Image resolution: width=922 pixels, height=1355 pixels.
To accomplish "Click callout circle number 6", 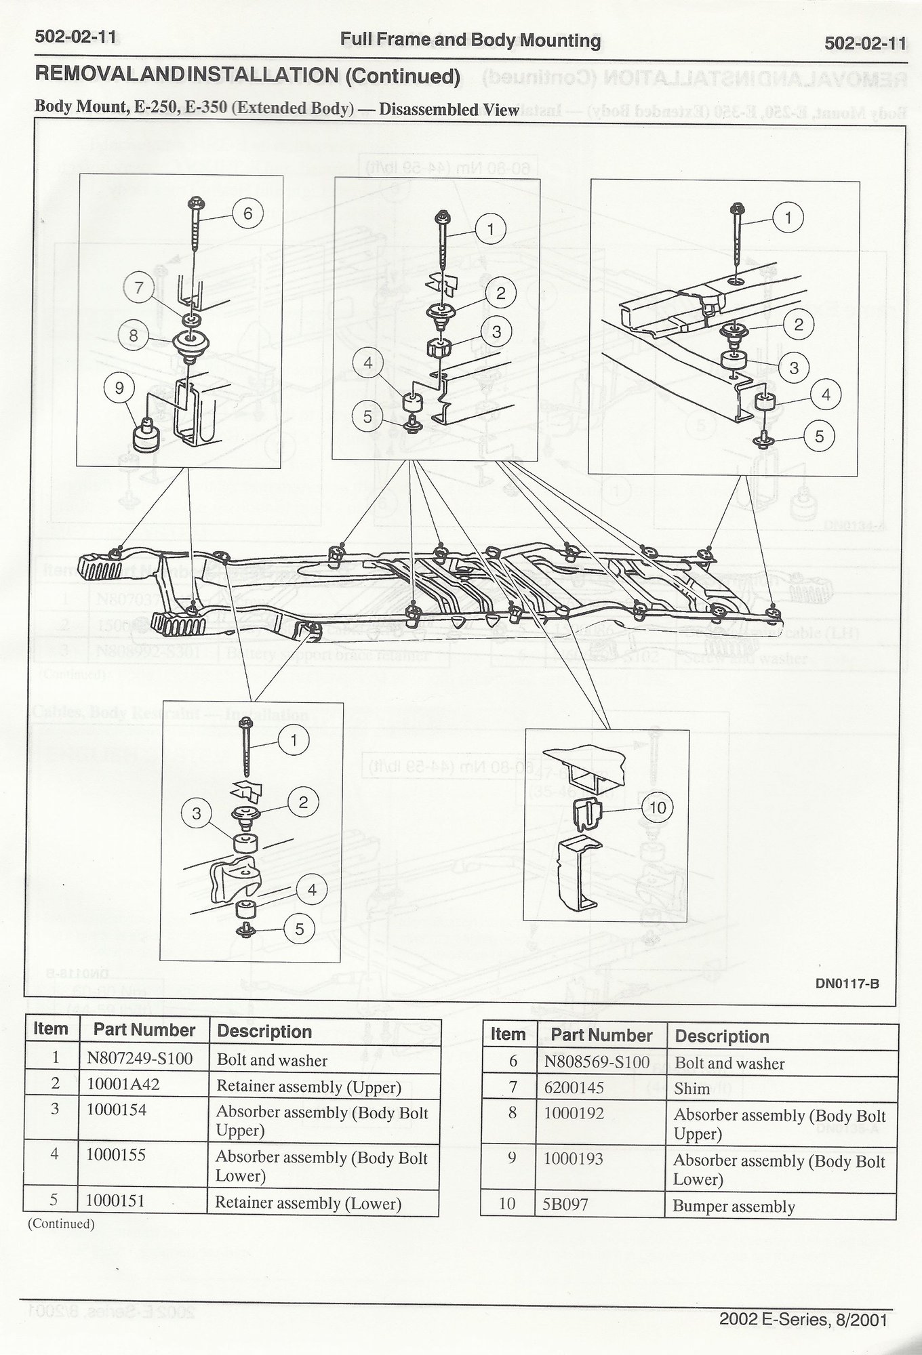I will point(247,214).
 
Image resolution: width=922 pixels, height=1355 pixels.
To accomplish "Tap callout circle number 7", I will point(140,289).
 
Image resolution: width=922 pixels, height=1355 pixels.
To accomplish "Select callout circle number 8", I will point(134,336).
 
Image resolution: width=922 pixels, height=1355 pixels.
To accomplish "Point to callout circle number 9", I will point(120,388).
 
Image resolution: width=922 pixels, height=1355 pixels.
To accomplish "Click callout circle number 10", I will point(658,807).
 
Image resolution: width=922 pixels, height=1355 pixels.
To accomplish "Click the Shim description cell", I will point(691,1089).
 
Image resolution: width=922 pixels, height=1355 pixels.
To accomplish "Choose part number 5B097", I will point(567,1204).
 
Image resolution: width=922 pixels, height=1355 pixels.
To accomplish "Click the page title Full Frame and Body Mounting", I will point(470,41).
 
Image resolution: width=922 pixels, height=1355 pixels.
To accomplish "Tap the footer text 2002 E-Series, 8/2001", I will point(803,1319).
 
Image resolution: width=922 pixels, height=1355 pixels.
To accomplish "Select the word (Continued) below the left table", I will point(60,1223).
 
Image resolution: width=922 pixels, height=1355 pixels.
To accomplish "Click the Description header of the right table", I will point(722,1036).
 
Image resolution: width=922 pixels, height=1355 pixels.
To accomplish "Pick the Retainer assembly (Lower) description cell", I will point(308,1203).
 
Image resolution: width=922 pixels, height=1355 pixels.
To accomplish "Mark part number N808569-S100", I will point(597,1062).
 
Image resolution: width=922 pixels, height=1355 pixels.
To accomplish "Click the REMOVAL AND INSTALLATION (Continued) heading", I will point(247,76).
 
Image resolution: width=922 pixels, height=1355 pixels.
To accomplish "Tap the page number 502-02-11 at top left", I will point(75,37).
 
